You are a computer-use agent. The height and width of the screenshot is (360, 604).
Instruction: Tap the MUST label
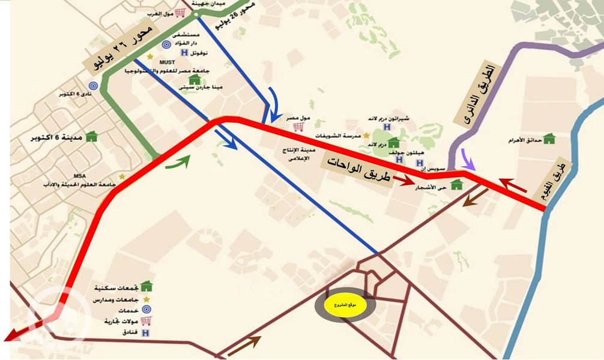pyautogui.click(x=167, y=61)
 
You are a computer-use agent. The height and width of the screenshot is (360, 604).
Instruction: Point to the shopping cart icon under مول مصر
pyautogui.click(x=295, y=127)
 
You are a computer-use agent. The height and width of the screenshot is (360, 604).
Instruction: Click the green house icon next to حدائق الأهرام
pyautogui.click(x=549, y=139)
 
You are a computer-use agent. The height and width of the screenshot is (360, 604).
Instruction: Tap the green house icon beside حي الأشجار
pyautogui.click(x=456, y=184)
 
